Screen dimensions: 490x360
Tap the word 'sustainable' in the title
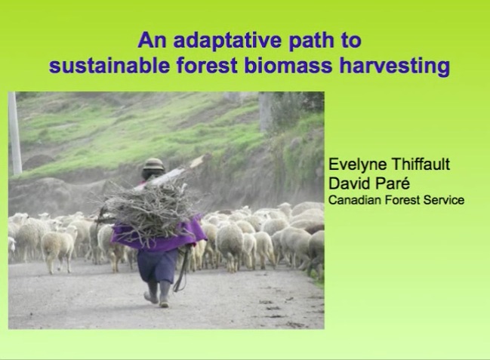109,66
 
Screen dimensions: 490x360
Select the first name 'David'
348,183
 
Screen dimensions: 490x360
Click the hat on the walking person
153,164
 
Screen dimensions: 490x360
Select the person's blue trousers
157,266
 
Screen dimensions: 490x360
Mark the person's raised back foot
151,297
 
